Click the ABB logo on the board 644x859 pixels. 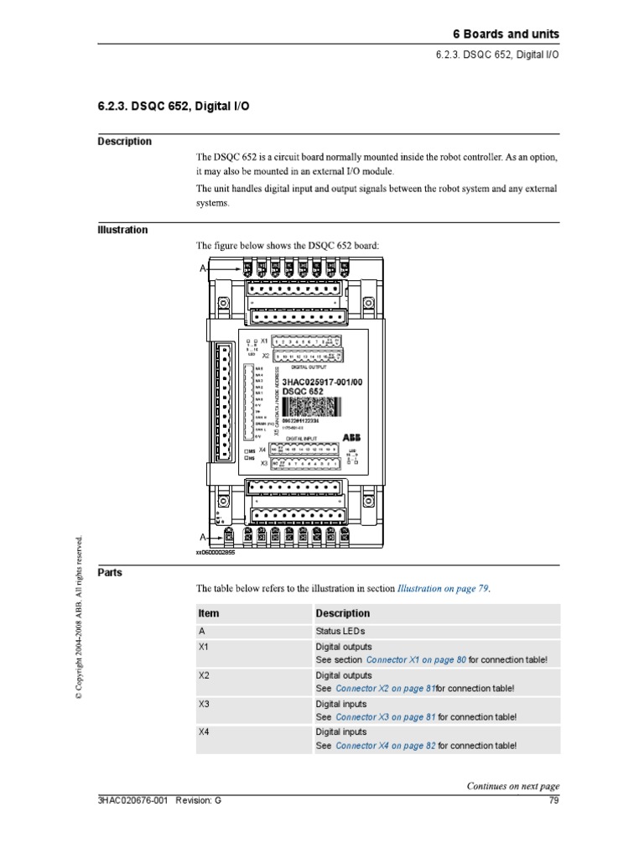click(351, 438)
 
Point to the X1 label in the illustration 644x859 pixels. click(264, 341)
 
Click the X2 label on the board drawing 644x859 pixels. click(266, 356)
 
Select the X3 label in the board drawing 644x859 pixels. click(263, 462)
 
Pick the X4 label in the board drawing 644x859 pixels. click(262, 450)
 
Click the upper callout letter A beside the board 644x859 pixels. click(202, 268)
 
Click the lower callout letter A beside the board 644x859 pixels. click(202, 536)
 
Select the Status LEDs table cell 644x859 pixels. click(340, 631)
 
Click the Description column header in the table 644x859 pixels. click(342, 613)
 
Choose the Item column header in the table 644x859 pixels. click(209, 613)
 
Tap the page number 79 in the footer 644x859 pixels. click(553, 800)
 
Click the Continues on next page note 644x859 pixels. click(512, 786)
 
